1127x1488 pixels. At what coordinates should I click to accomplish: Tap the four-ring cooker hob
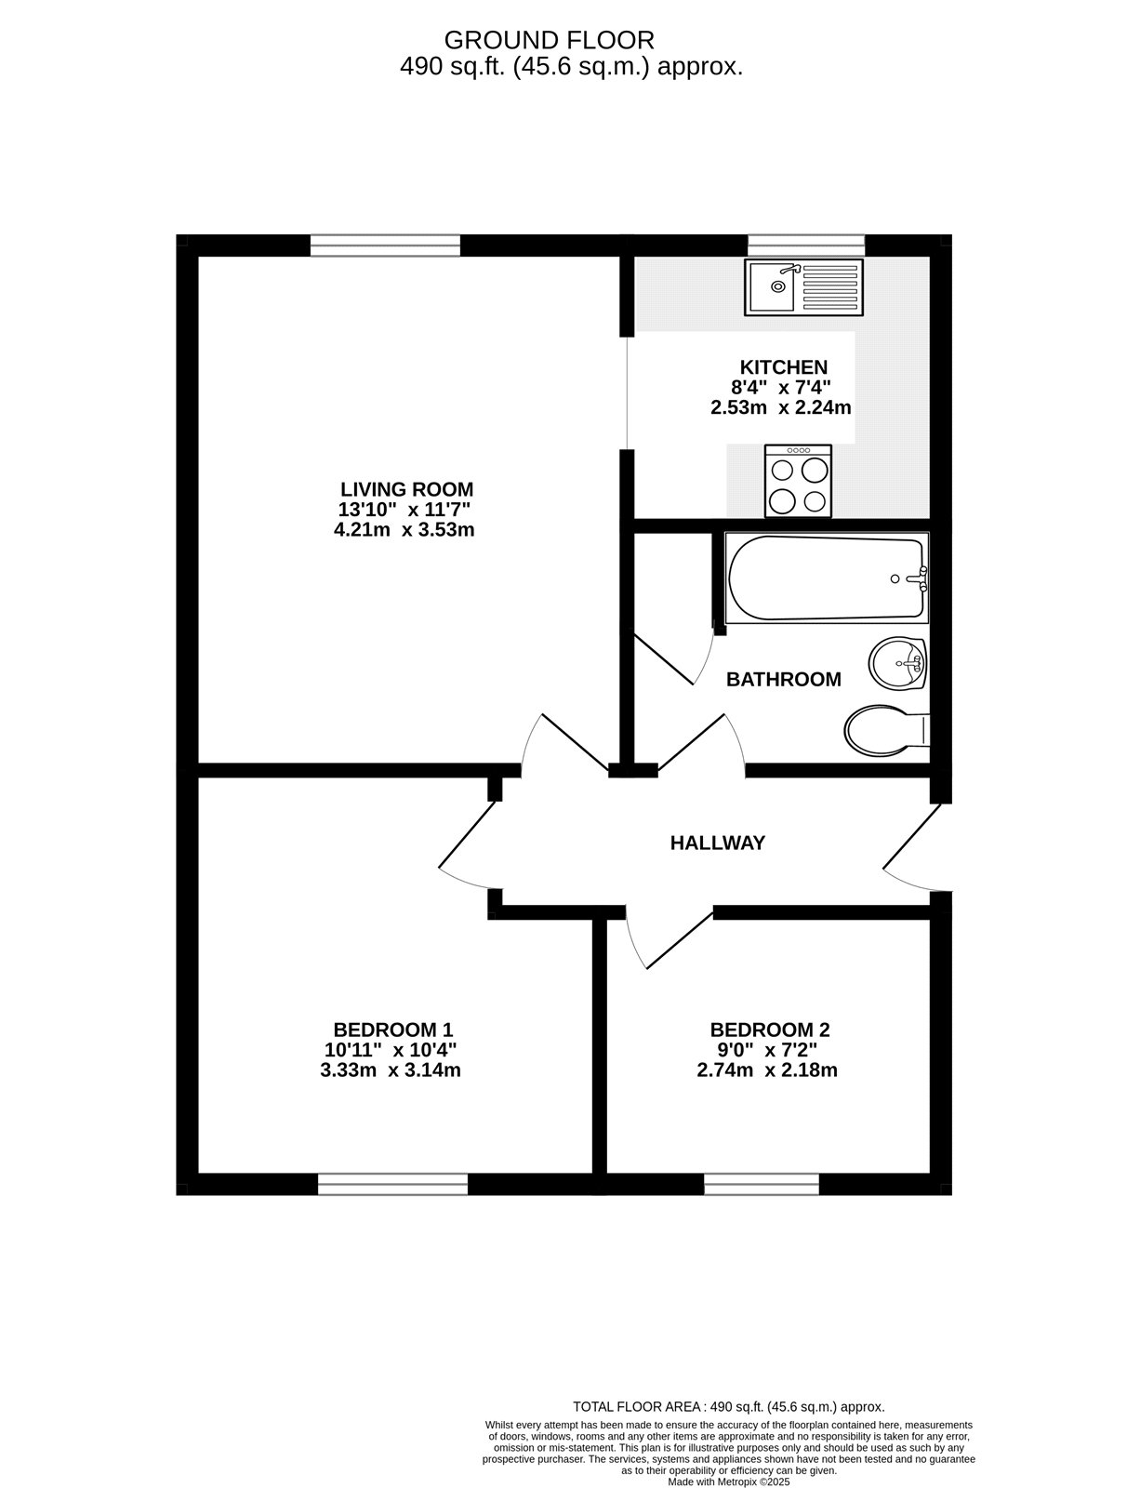coord(799,480)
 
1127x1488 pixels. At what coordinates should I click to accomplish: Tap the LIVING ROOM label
coord(406,489)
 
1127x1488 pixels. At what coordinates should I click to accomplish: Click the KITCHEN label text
coord(783,366)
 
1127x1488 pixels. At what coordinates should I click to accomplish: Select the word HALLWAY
coord(718,843)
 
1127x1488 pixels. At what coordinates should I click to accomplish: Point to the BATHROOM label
coord(783,679)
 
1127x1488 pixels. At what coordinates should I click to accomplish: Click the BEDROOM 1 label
coord(392,1030)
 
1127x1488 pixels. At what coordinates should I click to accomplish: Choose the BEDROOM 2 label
coord(769,1030)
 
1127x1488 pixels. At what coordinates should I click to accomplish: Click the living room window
coord(385,245)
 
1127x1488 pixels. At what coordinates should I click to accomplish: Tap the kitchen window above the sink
coord(806,245)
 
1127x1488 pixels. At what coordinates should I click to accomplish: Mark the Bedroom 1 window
coord(392,1184)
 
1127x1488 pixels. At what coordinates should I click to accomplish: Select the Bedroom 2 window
coord(762,1184)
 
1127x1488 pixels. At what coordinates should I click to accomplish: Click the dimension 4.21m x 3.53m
coord(404,530)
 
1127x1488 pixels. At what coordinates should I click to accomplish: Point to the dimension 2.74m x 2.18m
coord(767,1069)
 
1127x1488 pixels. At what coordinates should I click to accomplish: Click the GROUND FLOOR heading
coord(550,40)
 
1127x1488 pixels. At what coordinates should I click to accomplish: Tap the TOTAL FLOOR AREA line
coord(728,1407)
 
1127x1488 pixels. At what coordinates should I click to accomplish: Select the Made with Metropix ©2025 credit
coord(728,1481)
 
